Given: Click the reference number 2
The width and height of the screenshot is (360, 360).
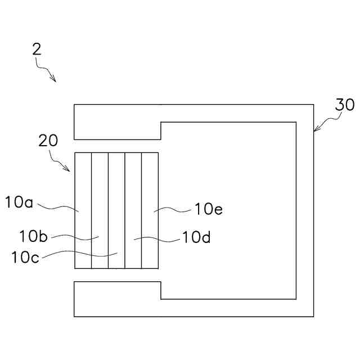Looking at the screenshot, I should point(37,49).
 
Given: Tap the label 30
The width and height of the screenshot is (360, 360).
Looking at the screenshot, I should point(345,105).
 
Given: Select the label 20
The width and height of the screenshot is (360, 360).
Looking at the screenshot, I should point(48,141).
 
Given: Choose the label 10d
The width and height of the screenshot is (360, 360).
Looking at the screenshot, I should point(196,237).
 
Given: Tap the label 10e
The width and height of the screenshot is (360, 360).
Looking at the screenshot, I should point(209,209).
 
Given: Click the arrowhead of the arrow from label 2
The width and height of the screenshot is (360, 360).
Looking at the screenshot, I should point(54,80).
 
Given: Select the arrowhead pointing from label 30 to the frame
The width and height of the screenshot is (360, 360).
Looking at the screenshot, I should point(316,130).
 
